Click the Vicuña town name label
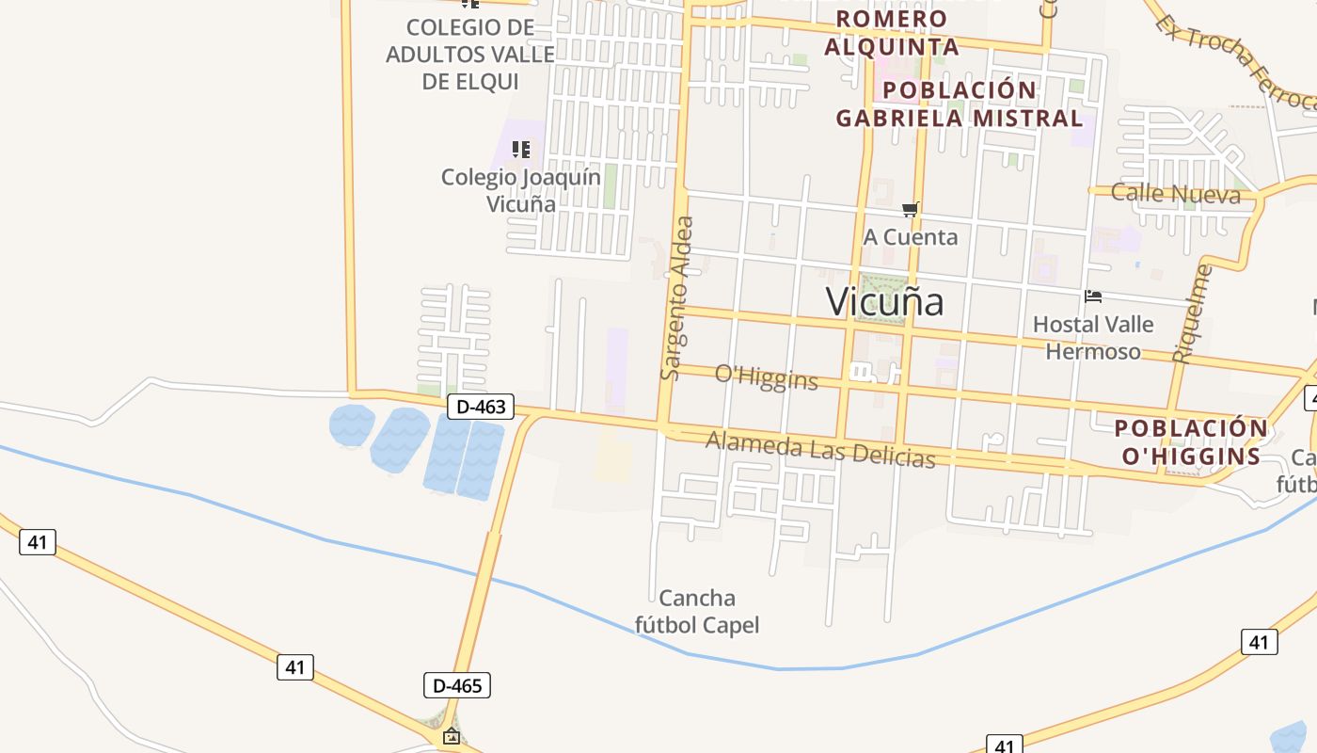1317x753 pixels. (x=884, y=302)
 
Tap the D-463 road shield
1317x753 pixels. (x=481, y=407)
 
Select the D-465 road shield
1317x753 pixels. (x=457, y=685)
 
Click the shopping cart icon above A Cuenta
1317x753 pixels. (x=910, y=209)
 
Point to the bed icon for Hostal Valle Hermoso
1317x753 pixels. (x=1093, y=296)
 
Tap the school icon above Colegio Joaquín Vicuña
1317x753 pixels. (x=521, y=149)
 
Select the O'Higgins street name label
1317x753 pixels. (x=767, y=376)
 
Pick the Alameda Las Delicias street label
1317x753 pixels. (x=820, y=449)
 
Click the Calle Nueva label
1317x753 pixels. (x=1176, y=194)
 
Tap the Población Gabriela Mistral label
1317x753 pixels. (x=960, y=104)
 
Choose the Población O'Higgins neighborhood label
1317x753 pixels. (x=1191, y=442)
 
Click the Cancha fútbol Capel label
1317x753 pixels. (x=697, y=611)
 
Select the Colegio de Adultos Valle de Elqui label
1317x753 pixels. (x=470, y=54)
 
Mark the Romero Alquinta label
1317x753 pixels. (x=892, y=32)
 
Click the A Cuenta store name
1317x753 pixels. (x=911, y=237)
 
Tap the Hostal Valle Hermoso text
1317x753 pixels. (x=1093, y=338)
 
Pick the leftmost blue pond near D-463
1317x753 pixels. (x=352, y=425)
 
